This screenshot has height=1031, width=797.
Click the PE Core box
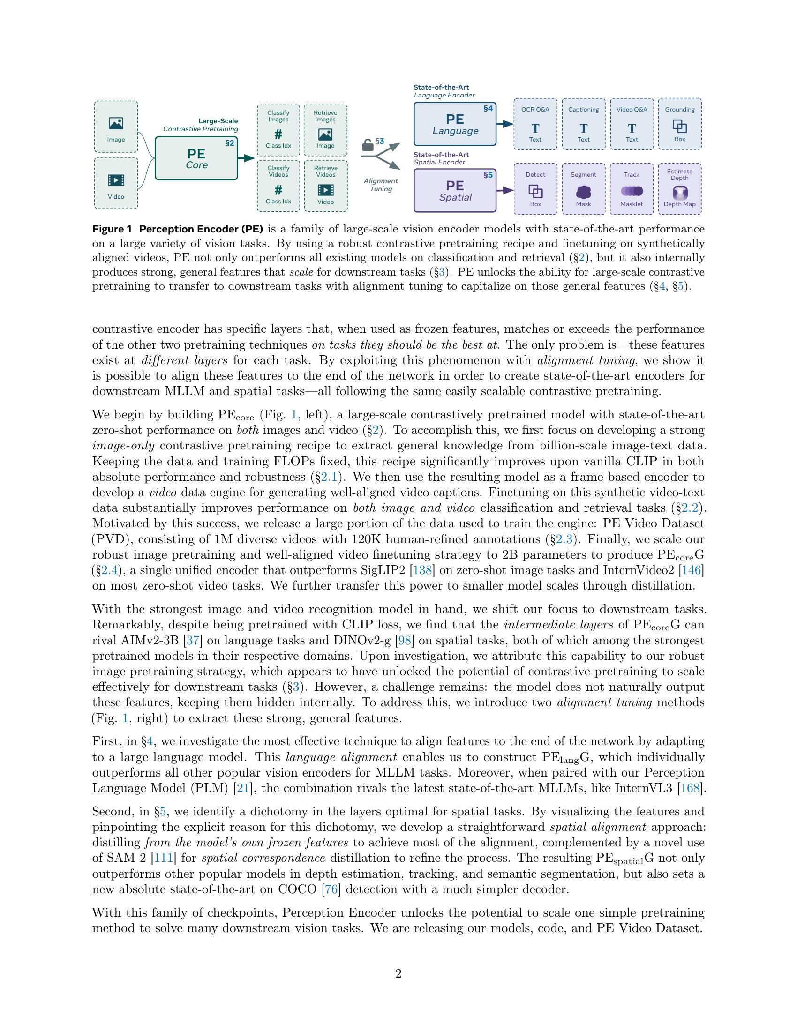point(196,158)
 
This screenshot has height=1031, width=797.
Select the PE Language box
point(455,124)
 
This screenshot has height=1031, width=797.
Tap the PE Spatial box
point(455,190)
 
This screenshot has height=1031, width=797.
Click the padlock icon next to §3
point(368,145)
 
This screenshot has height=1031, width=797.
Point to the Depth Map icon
point(679,192)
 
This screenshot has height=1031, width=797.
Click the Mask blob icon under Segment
point(584,192)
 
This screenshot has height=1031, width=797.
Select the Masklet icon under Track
point(632,191)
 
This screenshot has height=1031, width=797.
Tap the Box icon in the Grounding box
point(679,126)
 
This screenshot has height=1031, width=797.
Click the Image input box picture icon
point(116,124)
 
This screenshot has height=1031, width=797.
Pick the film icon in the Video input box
point(116,180)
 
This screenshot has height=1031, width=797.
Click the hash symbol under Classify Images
point(278,134)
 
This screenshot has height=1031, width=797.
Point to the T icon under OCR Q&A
point(535,128)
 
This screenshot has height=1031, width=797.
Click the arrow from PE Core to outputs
point(247,158)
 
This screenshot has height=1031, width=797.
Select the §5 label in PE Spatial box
point(488,175)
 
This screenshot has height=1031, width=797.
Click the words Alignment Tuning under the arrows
point(381,185)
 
